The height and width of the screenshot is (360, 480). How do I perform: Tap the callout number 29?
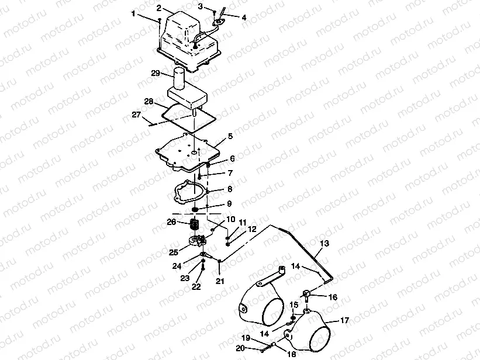[155, 74]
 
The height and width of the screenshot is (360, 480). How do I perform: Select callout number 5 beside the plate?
[230, 136]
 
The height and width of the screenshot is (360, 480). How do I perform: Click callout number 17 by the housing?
[344, 320]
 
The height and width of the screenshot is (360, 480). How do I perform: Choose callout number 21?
[219, 281]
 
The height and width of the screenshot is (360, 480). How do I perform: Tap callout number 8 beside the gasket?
[230, 189]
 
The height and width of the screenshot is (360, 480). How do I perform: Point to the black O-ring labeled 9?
[198, 210]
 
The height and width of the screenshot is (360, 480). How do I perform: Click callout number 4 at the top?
[244, 18]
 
